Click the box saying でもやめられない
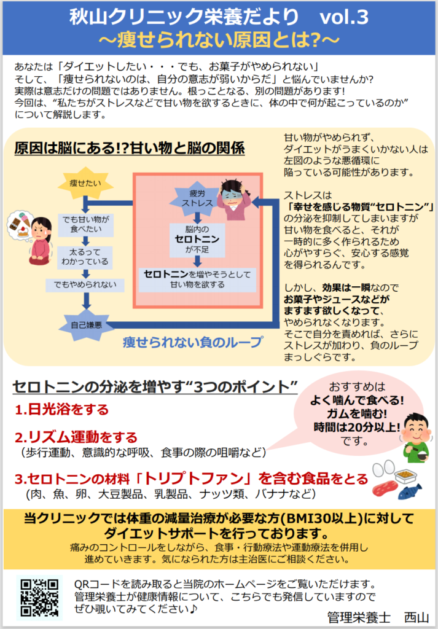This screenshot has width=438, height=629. pyautogui.click(x=85, y=285)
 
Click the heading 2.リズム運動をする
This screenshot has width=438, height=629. pyautogui.click(x=76, y=437)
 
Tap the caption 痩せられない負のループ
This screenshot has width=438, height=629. pyautogui.click(x=192, y=342)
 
